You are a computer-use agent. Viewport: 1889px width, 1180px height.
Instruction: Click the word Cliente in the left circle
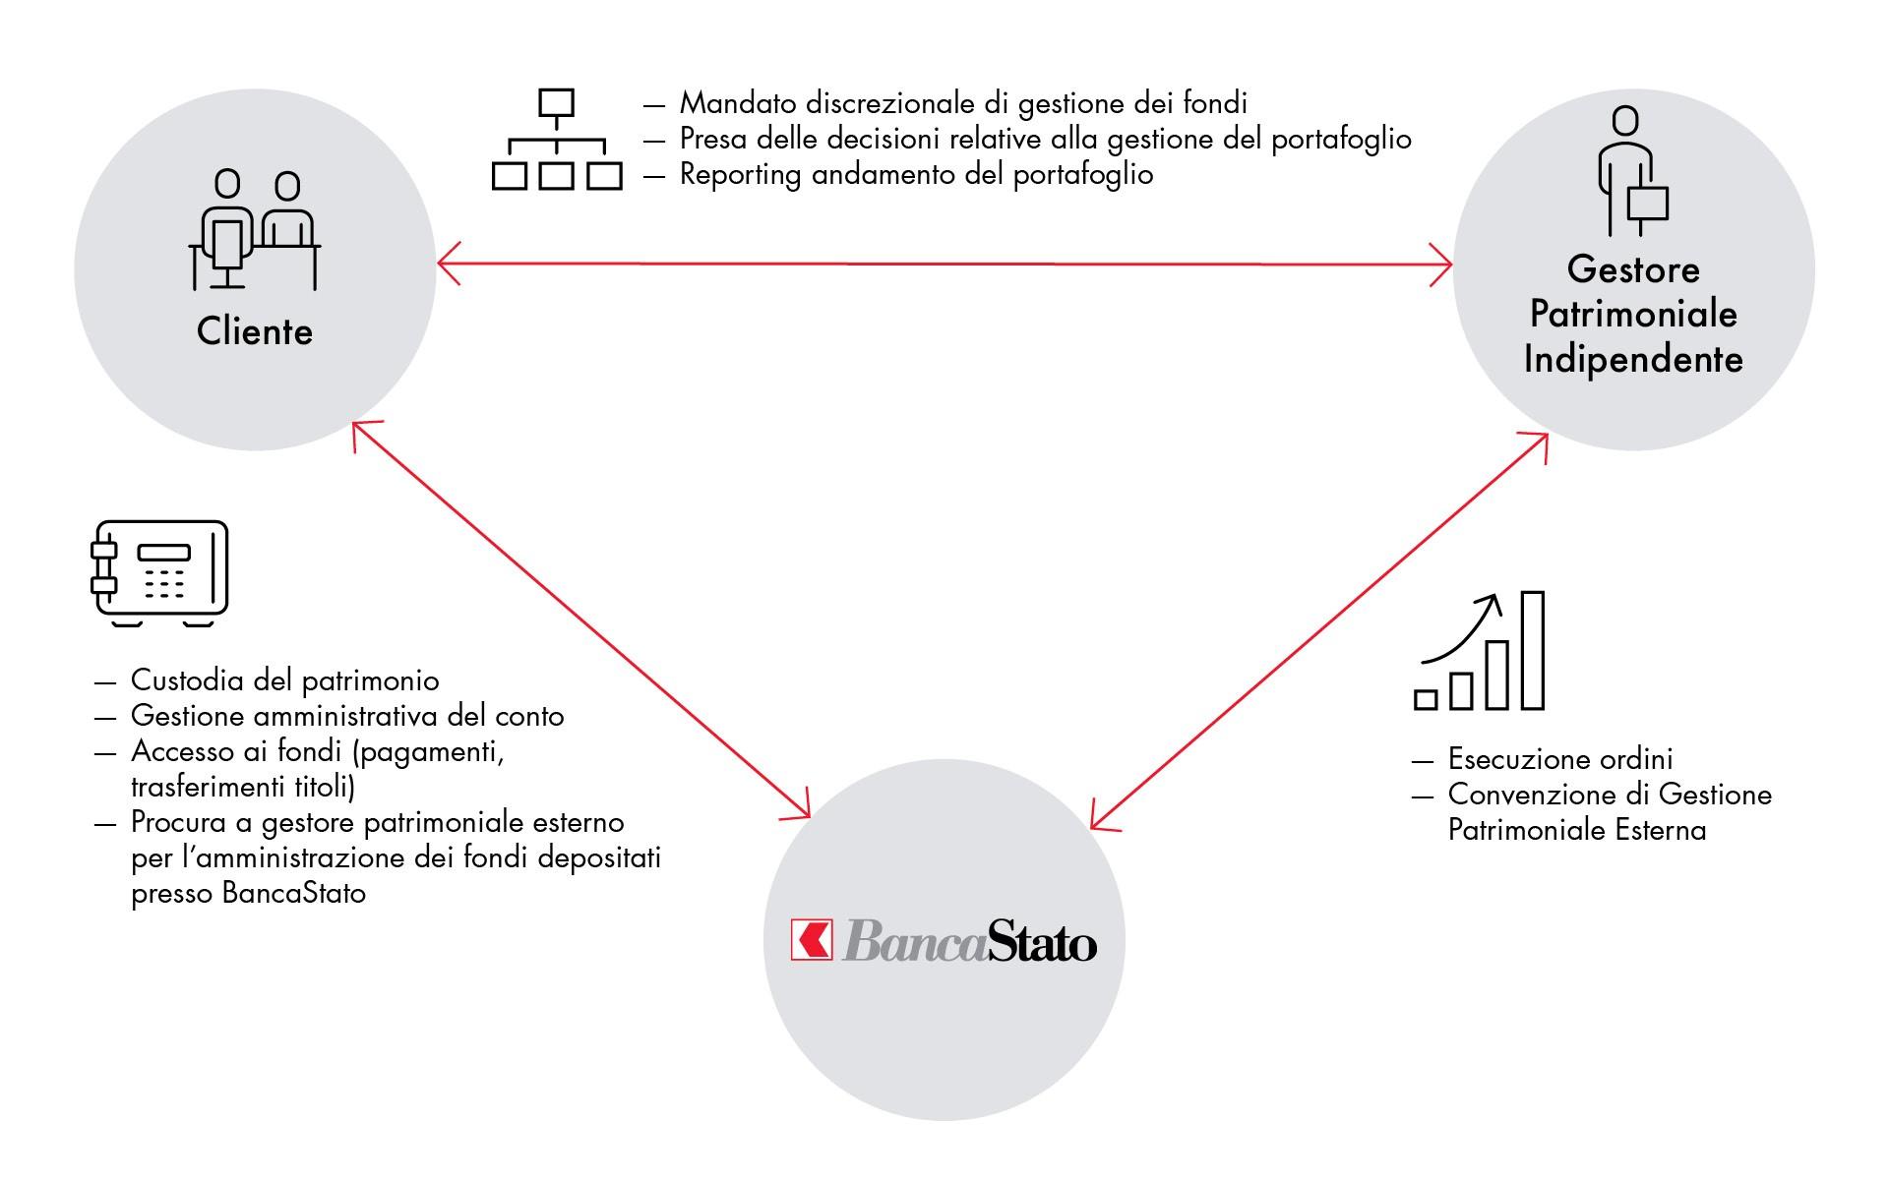(255, 331)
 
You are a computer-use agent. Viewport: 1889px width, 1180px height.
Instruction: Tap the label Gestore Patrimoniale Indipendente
(1633, 314)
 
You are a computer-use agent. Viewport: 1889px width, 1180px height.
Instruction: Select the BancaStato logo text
(970, 940)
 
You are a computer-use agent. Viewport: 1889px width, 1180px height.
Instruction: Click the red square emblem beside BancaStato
(812, 939)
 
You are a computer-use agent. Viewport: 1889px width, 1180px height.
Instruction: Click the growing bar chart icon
(1479, 650)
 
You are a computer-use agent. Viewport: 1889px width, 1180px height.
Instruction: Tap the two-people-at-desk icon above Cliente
(255, 230)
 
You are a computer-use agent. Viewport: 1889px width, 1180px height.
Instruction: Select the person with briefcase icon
(1632, 171)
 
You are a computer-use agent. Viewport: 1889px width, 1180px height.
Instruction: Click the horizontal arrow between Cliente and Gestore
(944, 265)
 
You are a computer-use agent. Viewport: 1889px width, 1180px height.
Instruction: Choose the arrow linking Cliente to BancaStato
(580, 619)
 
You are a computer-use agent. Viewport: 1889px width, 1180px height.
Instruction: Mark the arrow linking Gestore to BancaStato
(1319, 631)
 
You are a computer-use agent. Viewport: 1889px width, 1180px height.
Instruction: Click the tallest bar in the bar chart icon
(1533, 650)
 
